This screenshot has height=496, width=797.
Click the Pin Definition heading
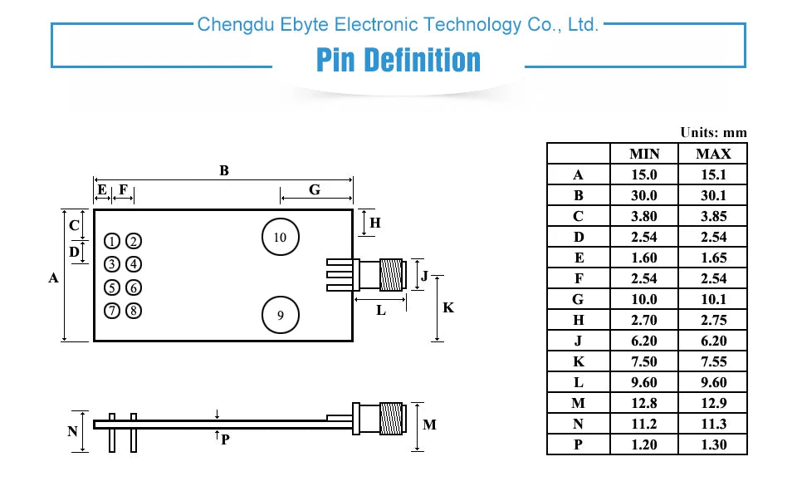398,61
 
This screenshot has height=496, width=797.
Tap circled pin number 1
112,242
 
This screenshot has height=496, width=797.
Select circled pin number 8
134,312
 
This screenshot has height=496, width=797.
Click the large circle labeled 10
280,238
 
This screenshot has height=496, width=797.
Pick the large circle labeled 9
280,316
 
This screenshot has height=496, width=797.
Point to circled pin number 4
134,265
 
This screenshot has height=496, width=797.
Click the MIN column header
644,154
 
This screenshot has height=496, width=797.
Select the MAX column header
713,154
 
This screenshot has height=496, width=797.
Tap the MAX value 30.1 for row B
713,195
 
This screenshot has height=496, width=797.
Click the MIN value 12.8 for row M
644,403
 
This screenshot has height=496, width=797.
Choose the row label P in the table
578,444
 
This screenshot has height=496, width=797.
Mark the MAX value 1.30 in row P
713,444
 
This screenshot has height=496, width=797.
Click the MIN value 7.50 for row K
644,361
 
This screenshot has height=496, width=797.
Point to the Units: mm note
713,133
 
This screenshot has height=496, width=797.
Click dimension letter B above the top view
224,171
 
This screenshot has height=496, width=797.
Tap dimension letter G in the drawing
315,190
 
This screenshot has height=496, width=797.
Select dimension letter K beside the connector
448,308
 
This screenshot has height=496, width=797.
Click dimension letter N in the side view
72,432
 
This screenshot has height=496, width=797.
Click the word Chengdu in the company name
227,25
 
